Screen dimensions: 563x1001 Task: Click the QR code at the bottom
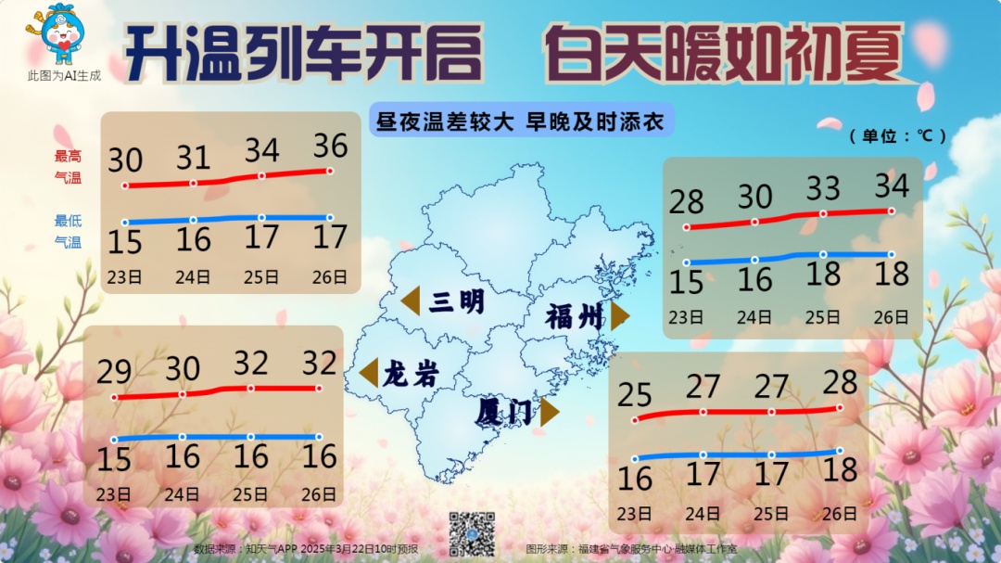[x=473, y=532]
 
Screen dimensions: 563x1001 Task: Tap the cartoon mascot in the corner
[x=61, y=33]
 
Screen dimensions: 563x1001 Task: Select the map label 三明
[x=456, y=301]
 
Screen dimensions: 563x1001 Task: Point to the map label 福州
[x=574, y=316]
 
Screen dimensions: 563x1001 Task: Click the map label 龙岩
[x=410, y=373]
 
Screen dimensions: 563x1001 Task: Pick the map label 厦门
[x=505, y=411]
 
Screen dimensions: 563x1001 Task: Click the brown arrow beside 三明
[x=411, y=301]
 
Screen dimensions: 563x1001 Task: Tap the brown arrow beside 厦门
[x=551, y=411]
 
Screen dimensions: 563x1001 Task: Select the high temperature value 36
[x=330, y=146]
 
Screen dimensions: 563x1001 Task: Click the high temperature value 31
[x=194, y=157]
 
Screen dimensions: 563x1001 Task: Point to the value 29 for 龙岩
[x=115, y=373]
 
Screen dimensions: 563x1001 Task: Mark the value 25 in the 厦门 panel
[x=635, y=395]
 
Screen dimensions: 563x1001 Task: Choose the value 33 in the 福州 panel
[x=822, y=189]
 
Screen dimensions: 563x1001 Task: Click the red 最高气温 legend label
[x=68, y=166]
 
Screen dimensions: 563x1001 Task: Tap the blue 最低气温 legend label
[x=68, y=231]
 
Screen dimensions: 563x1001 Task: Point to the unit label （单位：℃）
[x=898, y=135]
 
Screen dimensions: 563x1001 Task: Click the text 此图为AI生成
[x=64, y=74]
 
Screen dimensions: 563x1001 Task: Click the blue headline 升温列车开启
[x=303, y=52]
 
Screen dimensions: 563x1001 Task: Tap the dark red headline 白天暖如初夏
[x=724, y=52]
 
